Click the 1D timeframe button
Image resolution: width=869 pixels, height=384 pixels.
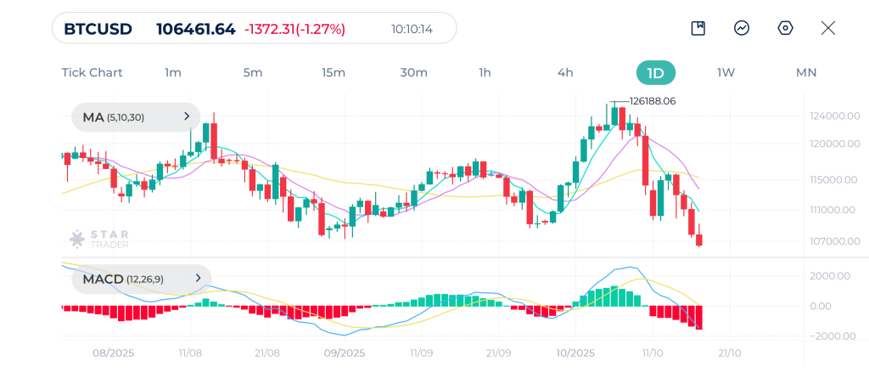655,72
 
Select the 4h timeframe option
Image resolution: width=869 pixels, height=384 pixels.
565,72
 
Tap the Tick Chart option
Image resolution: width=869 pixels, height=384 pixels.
92,72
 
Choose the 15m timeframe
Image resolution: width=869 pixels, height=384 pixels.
334,72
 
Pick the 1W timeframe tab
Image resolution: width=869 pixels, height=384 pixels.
726,72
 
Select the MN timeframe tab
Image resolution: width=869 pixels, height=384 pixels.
806,72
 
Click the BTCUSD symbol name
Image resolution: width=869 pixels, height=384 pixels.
98,29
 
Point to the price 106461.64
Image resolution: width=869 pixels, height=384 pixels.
195,29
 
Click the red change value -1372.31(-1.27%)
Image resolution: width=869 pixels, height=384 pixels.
294,29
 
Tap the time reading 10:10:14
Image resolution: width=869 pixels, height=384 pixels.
412,29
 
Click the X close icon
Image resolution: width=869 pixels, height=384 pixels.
828,28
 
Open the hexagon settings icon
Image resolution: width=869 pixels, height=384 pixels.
785,28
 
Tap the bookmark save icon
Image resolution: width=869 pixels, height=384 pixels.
698,28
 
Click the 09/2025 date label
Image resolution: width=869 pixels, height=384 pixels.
345,353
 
